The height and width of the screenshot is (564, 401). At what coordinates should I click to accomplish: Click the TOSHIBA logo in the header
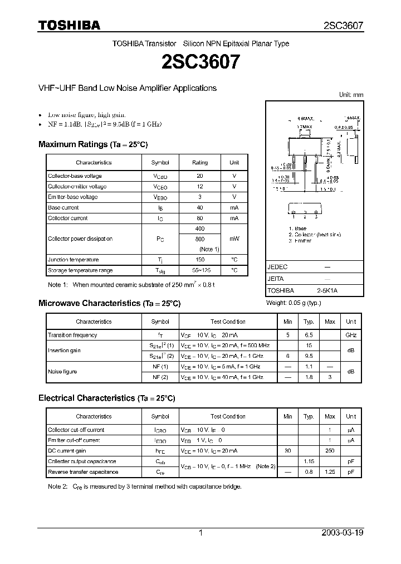pyautogui.click(x=69, y=26)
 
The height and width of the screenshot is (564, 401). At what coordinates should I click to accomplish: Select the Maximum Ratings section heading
pyautogui.click(x=92, y=144)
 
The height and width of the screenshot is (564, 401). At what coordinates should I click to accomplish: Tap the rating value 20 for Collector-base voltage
pyautogui.click(x=200, y=176)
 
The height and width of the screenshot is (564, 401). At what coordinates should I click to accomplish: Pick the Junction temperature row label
pyautogui.click(x=73, y=260)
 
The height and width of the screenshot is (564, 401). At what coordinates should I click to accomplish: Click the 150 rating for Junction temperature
pyautogui.click(x=200, y=260)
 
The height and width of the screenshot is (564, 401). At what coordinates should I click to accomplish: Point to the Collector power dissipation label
pyautogui.click(x=80, y=239)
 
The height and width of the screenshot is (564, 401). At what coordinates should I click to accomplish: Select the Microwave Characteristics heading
pyautogui.click(x=109, y=303)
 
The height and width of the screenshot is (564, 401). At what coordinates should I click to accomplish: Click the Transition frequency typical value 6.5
pyautogui.click(x=309, y=335)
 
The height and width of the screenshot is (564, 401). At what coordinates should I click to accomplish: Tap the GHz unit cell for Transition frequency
pyautogui.click(x=351, y=335)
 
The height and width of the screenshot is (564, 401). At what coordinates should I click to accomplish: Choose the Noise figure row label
pyautogui.click(x=62, y=372)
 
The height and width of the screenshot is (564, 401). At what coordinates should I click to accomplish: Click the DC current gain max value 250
pyautogui.click(x=330, y=451)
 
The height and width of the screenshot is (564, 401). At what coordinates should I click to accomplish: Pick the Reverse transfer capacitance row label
pyautogui.click(x=83, y=472)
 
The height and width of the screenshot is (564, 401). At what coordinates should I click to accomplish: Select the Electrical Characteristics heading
pyautogui.click(x=106, y=398)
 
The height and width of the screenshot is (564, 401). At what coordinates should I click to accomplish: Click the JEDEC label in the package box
pyautogui.click(x=277, y=267)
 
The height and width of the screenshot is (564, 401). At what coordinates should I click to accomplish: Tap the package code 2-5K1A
pyautogui.click(x=327, y=290)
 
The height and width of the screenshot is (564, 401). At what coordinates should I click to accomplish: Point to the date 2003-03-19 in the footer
pyautogui.click(x=343, y=533)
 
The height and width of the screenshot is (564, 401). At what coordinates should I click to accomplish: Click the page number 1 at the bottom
pyautogui.click(x=200, y=533)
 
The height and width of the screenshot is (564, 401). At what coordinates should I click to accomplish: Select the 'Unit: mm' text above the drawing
pyautogui.click(x=351, y=95)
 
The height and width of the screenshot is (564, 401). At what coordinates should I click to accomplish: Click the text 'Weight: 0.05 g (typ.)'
pyautogui.click(x=294, y=303)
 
